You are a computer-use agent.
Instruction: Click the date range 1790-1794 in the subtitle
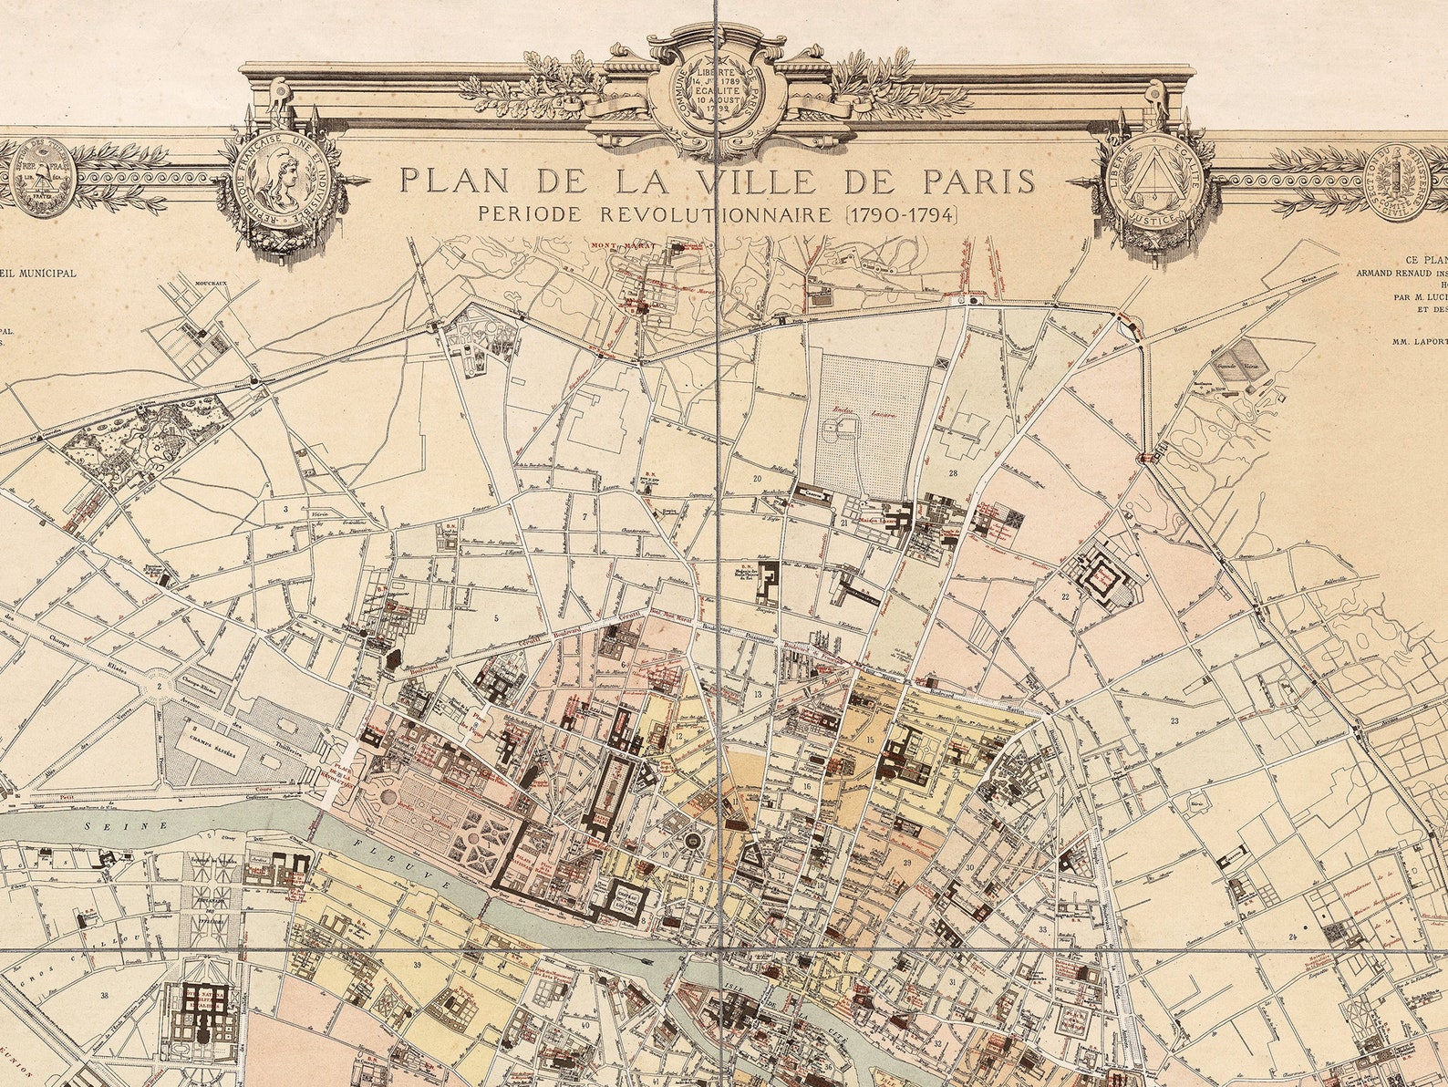(x=900, y=215)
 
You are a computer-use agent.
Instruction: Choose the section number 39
(x=416, y=964)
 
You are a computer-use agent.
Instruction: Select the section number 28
(x=952, y=472)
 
